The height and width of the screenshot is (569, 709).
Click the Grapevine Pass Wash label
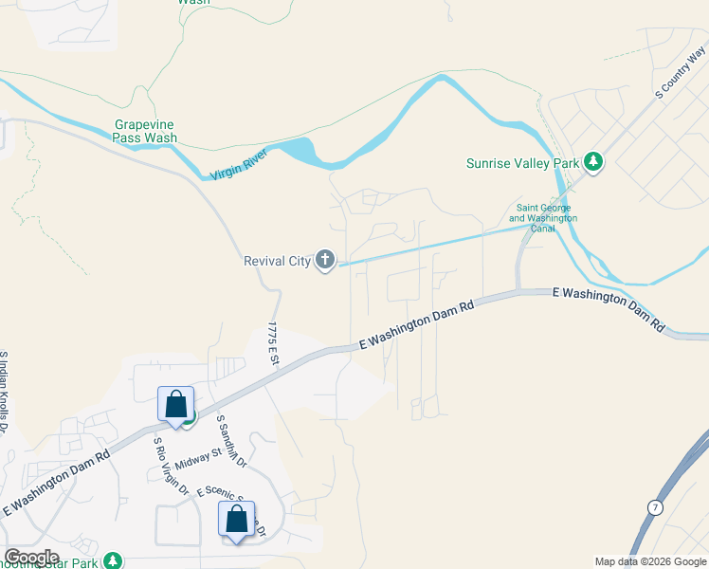pyautogui.click(x=145, y=131)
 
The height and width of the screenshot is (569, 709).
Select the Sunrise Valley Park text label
pyautogui.click(x=522, y=163)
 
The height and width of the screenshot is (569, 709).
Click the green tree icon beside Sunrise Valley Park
pyautogui.click(x=593, y=162)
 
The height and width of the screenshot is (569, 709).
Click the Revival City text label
pyautogui.click(x=278, y=261)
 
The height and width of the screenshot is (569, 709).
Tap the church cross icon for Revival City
pyautogui.click(x=325, y=260)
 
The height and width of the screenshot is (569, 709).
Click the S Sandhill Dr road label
pyautogui.click(x=231, y=441)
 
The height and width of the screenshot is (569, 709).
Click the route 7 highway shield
pyautogui.click(x=654, y=509)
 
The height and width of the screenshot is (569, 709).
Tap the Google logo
pyautogui.click(x=31, y=557)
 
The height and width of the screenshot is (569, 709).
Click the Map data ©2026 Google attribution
pyautogui.click(x=649, y=561)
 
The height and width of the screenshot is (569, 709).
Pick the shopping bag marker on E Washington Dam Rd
pyautogui.click(x=176, y=404)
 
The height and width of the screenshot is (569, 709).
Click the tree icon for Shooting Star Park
pyautogui.click(x=114, y=560)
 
